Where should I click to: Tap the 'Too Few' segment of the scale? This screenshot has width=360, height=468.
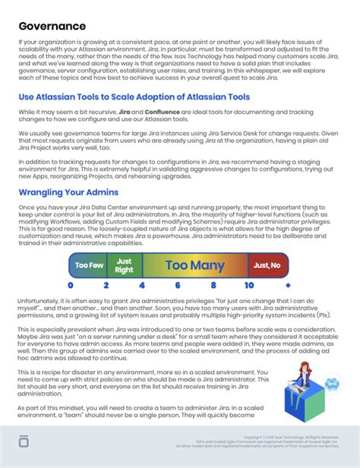[88, 265]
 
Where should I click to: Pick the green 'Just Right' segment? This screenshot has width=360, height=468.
[124, 265]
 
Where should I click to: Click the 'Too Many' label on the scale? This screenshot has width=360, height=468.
[195, 265]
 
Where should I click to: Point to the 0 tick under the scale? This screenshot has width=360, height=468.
[71, 285]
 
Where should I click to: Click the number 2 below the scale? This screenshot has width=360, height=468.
[106, 285]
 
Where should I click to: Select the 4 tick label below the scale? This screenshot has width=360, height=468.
[142, 285]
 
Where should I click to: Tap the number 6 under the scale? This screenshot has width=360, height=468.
[178, 285]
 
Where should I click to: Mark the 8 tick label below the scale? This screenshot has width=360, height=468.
[214, 285]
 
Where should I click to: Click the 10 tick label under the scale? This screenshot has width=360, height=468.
[249, 285]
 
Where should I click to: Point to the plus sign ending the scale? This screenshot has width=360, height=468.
[287, 285]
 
